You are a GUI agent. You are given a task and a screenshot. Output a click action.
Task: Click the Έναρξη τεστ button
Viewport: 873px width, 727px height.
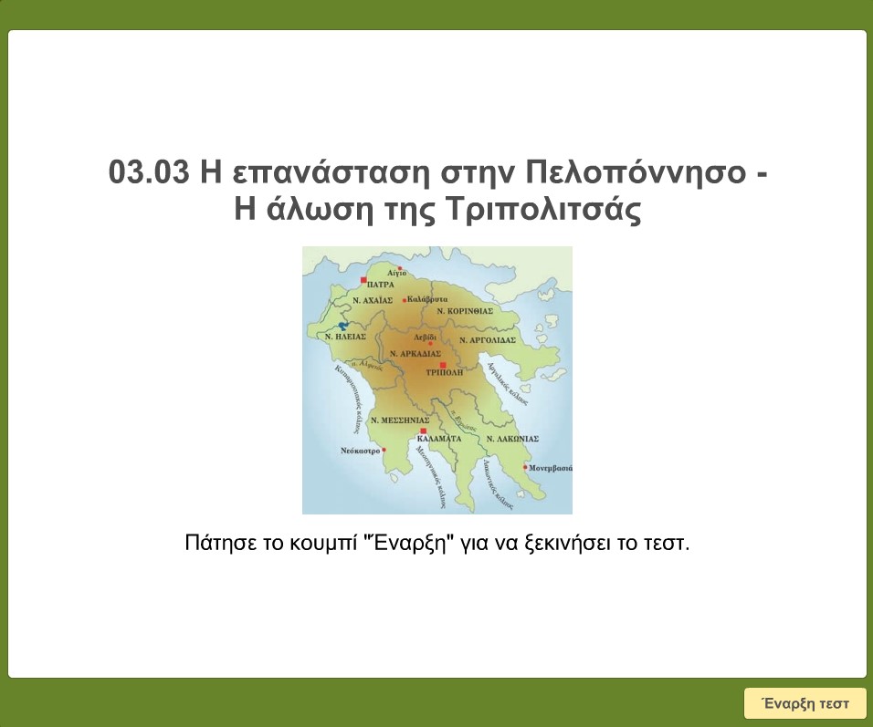[x=805, y=703]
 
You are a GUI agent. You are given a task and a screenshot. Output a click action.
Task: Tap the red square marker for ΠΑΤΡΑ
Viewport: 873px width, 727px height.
[x=363, y=280]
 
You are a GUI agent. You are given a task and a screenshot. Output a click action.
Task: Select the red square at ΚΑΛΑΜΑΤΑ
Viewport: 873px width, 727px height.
[x=423, y=431]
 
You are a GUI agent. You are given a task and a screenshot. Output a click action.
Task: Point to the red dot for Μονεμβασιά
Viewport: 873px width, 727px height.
[x=525, y=467]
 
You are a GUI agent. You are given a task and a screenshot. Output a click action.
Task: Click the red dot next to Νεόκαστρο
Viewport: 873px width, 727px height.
[x=384, y=450]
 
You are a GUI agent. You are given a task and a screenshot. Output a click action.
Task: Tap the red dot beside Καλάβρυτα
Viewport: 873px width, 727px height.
[x=405, y=299]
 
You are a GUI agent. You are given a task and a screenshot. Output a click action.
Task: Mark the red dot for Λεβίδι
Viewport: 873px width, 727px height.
[x=431, y=343]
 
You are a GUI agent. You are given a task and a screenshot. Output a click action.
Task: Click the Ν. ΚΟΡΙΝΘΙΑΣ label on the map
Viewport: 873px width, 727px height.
[x=465, y=311]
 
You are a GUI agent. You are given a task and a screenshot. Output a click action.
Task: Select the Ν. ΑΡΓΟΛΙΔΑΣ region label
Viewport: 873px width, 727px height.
[x=488, y=339]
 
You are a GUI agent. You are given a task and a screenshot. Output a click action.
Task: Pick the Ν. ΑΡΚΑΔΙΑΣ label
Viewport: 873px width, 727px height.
[x=415, y=353]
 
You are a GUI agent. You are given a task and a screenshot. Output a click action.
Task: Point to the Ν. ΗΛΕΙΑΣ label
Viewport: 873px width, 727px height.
[x=345, y=336]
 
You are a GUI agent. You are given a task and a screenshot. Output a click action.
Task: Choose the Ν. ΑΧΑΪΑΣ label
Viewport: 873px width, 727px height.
[x=372, y=299]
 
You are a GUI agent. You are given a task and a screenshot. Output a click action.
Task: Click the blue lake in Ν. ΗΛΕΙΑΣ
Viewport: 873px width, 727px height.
[x=343, y=324]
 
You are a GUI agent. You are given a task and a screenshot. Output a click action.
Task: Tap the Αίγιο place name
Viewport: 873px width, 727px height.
[x=395, y=273]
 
